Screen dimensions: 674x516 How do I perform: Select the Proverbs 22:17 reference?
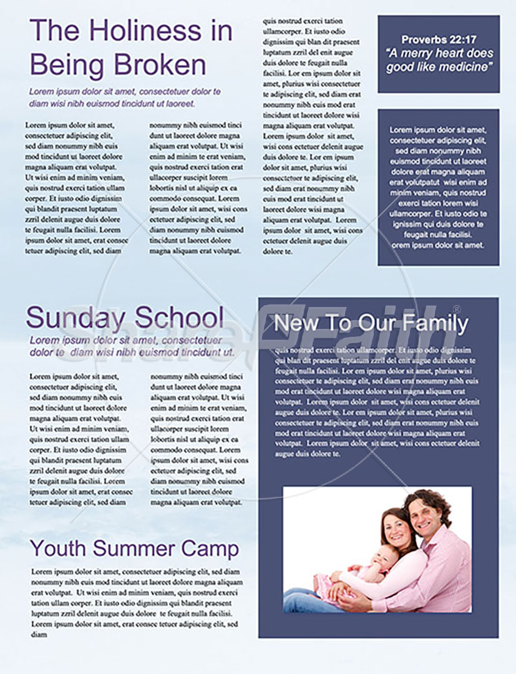439,39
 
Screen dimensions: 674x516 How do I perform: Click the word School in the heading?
179,318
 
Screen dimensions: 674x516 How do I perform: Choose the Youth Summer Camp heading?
134,549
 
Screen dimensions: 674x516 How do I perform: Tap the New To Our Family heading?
371,323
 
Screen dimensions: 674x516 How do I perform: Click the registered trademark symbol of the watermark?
456,310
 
